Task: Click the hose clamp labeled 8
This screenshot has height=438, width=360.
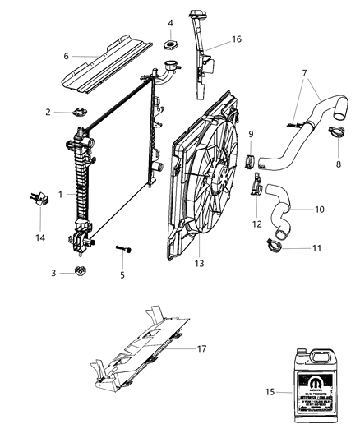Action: pos(338,130)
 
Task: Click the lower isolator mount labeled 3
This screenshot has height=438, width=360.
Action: pos(80,272)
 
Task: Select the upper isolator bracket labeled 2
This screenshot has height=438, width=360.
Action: pos(79,113)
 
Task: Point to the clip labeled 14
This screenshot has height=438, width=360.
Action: pos(36,197)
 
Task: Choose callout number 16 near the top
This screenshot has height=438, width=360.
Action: pos(213,39)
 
